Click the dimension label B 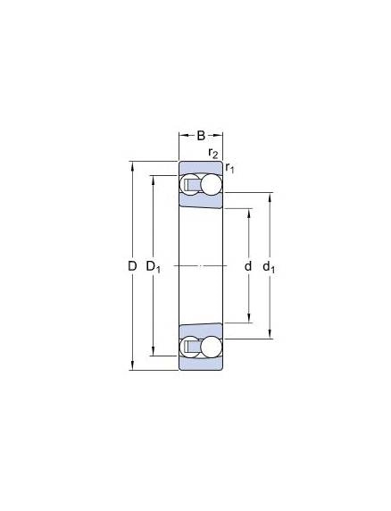201,136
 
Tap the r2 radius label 213,153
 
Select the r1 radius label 229,168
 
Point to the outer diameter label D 132,266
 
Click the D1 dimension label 153,267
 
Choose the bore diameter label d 248,266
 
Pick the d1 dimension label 269,267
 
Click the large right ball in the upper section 211,184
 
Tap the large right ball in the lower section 211,347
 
